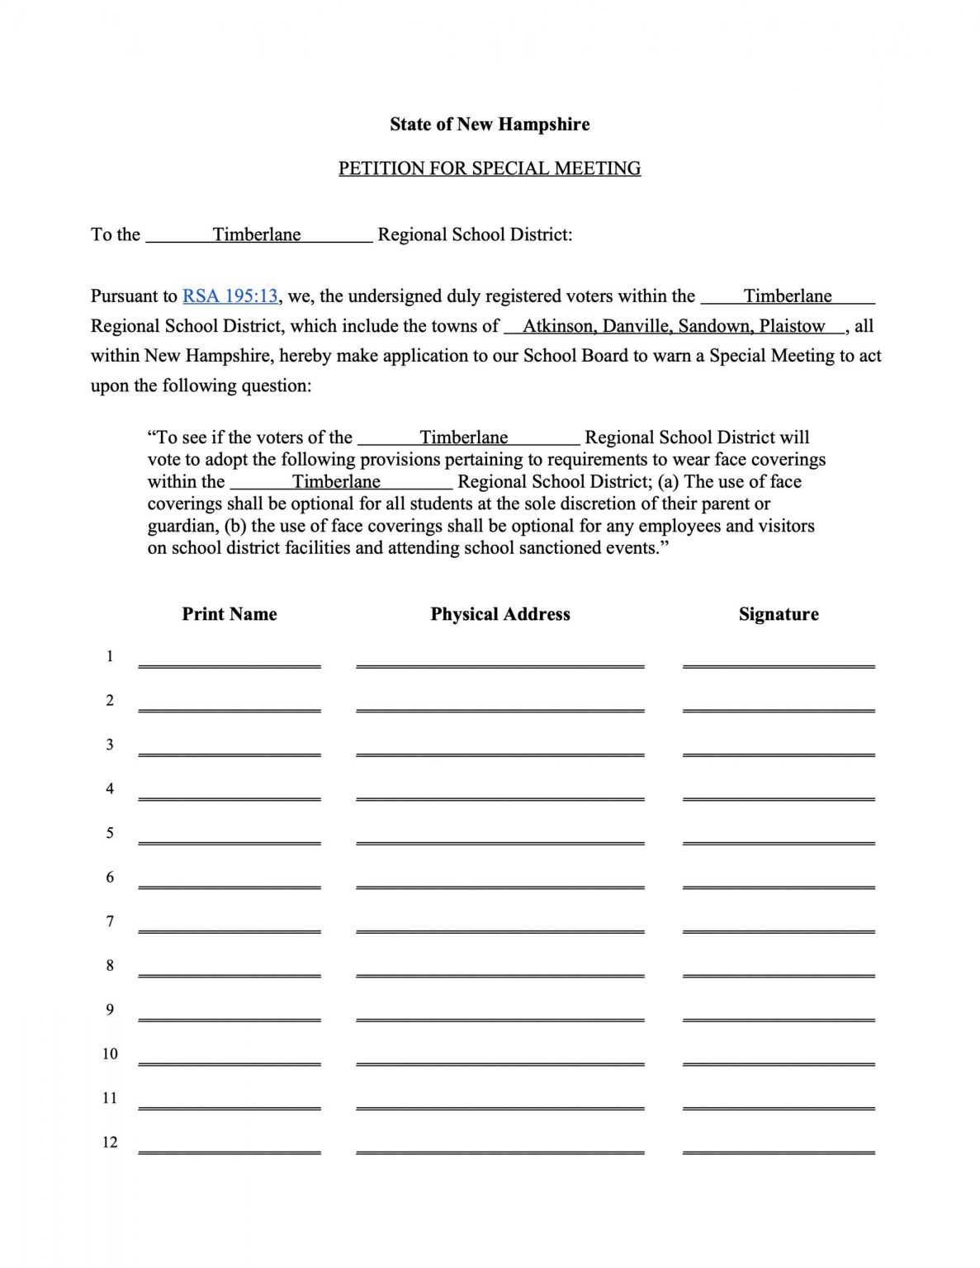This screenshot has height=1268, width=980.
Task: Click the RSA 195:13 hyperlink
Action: point(230,296)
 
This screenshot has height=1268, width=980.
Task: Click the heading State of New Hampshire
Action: point(490,125)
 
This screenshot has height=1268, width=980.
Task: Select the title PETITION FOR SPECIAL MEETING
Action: point(490,168)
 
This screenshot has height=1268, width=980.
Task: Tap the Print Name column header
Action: point(230,614)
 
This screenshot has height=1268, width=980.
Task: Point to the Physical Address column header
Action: point(500,614)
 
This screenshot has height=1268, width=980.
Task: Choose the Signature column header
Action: point(779,614)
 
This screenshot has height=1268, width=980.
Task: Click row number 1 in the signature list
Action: point(110,656)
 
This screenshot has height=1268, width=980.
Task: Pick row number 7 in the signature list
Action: point(110,921)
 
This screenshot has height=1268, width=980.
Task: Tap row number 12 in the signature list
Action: point(110,1143)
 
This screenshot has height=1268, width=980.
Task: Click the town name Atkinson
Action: point(559,326)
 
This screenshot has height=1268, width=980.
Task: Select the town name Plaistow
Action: point(793,326)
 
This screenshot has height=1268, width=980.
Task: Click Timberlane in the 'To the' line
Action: point(257,234)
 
